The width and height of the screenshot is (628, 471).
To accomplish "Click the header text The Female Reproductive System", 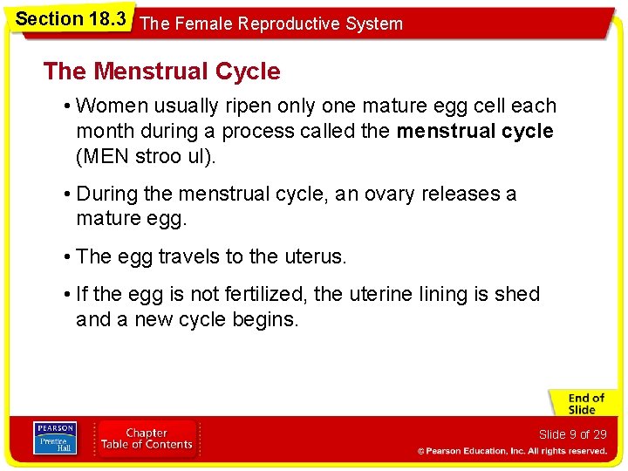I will [x=271, y=24].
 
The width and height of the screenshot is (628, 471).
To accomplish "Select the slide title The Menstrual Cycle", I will [x=161, y=72].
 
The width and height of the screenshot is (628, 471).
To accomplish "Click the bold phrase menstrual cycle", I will [x=474, y=132].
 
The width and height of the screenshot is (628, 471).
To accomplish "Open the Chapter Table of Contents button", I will [x=147, y=439].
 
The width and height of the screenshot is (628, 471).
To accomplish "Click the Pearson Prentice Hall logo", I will [x=54, y=439].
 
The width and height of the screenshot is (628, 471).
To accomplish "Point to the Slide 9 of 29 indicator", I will [x=572, y=434].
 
